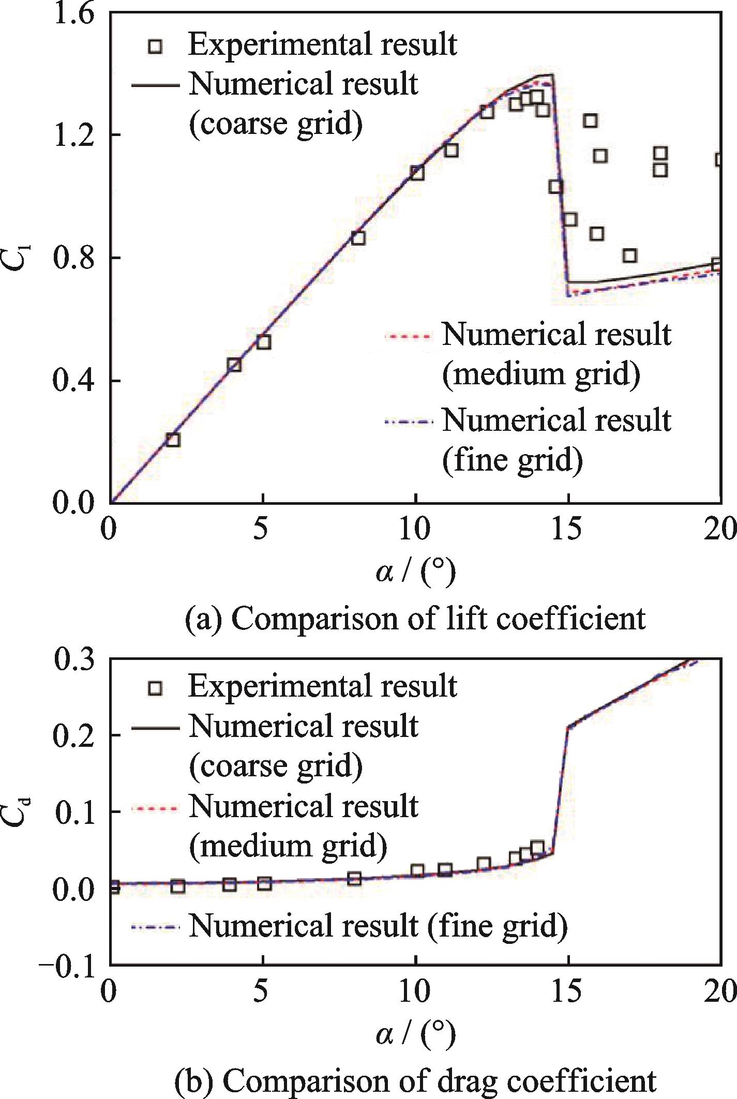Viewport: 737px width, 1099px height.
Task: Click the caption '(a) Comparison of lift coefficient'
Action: (x=415, y=619)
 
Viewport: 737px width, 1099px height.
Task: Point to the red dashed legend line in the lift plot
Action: (x=407, y=337)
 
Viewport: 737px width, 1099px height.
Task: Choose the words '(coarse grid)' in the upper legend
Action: (x=276, y=124)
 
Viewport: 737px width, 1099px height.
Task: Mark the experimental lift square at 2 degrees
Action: (x=173, y=440)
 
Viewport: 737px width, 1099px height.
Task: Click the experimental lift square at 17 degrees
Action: (x=629, y=255)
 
